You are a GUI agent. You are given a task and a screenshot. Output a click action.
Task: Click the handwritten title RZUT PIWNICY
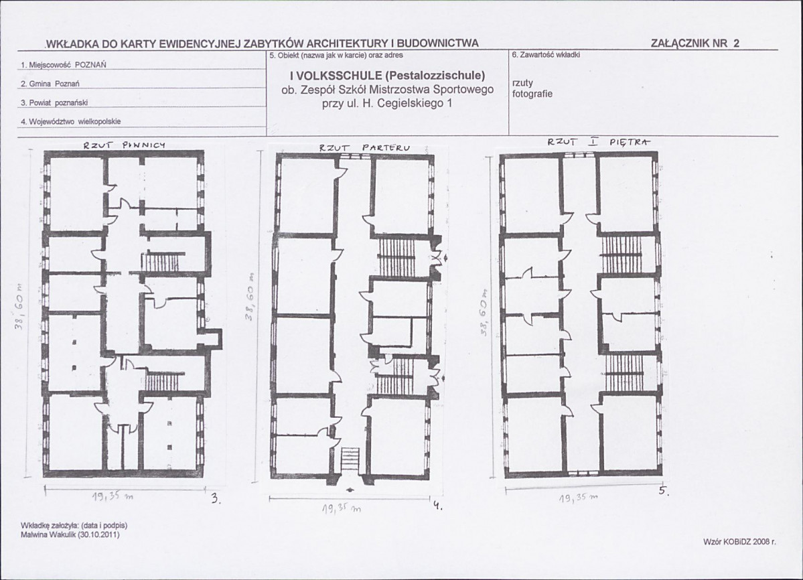[x=125, y=145]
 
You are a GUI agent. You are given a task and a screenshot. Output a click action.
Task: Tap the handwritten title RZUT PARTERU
[x=364, y=149]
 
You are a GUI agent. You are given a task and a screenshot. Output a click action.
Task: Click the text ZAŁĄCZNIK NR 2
[x=695, y=44]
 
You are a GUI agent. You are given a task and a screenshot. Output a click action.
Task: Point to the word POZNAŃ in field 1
[x=90, y=65]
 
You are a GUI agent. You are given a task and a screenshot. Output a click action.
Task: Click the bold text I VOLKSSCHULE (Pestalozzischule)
[x=387, y=76]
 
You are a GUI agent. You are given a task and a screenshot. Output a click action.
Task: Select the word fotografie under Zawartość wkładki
[x=532, y=94]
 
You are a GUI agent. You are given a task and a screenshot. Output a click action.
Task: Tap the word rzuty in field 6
[x=522, y=83]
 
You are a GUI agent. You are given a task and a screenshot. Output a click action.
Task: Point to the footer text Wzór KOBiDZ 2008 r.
[x=739, y=542]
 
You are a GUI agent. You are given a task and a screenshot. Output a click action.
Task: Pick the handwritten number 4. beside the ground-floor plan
[x=437, y=507]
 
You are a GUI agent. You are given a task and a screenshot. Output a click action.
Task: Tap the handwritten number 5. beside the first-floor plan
[x=664, y=491]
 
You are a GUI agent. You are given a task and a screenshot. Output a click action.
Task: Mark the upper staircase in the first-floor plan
[x=621, y=253]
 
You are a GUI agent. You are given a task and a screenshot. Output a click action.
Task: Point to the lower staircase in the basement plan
[x=163, y=381]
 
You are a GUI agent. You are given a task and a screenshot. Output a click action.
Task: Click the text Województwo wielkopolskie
[x=71, y=122]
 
